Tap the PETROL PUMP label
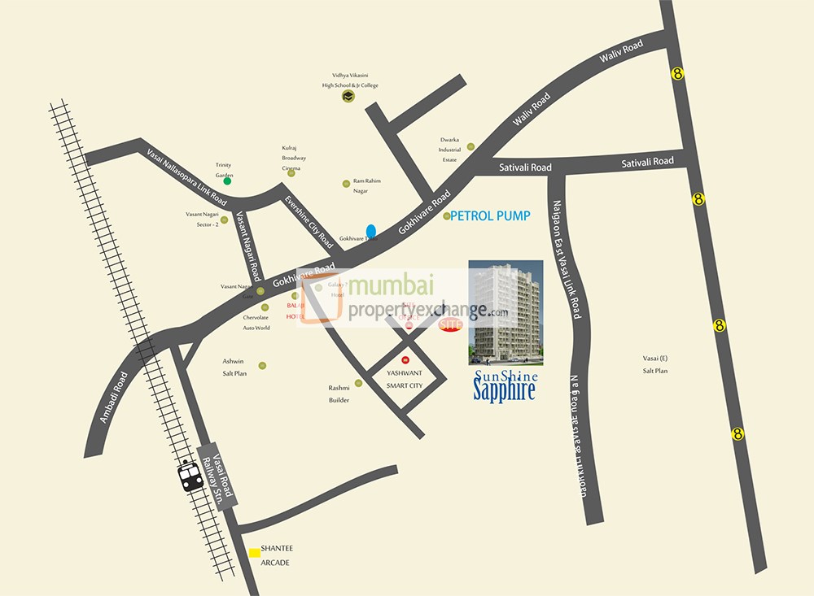point(490,216)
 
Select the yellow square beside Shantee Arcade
point(255,552)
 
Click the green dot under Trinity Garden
point(228,181)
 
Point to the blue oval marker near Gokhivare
point(371,231)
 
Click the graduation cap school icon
point(348,97)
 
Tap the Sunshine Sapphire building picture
point(505,311)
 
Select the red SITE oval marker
point(450,324)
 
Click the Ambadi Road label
point(115,398)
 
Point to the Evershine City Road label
point(309,222)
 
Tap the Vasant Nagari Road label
point(247,246)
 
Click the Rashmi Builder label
point(339,394)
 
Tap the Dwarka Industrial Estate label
point(449,150)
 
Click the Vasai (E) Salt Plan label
point(654,364)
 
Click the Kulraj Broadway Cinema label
point(294,158)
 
